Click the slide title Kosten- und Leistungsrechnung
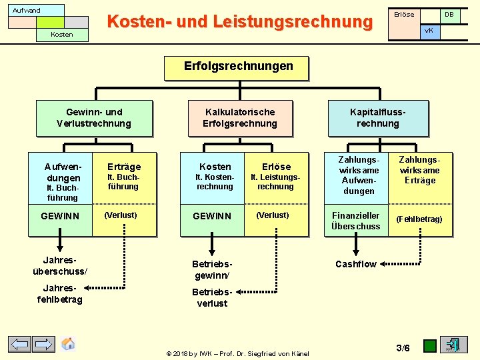240,22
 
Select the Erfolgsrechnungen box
238,67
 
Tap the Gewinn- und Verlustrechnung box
94,118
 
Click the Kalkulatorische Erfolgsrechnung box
240,118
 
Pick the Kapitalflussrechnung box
378,118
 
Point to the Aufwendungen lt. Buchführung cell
61,179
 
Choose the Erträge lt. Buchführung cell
124,176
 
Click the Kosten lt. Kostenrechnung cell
215,176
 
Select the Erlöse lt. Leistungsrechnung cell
276,176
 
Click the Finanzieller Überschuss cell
356,221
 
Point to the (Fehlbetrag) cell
419,219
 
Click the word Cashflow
356,264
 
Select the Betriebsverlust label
212,297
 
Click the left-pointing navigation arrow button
20,345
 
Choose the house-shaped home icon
68,344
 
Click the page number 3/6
403,347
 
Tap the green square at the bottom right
430,346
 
